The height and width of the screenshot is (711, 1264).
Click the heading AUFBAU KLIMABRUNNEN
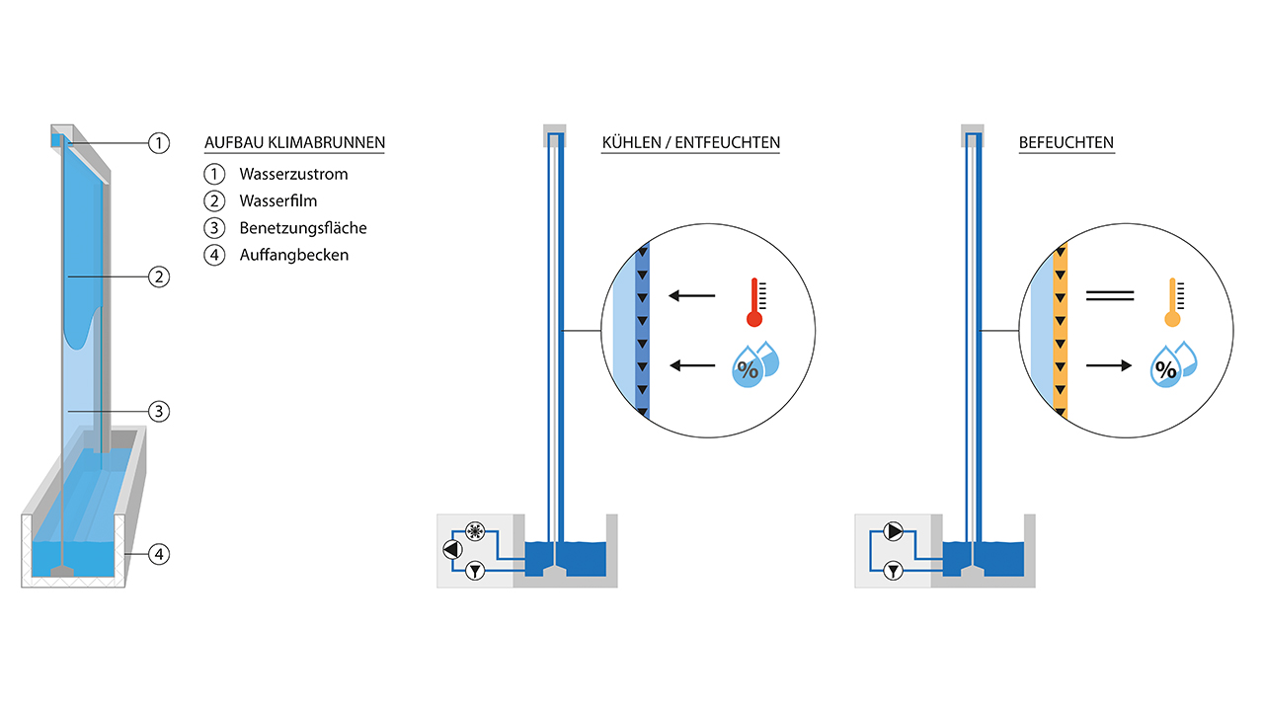click(294, 142)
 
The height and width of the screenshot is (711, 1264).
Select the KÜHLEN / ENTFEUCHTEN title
click(691, 142)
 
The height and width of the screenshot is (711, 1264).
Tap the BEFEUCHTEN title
click(1066, 142)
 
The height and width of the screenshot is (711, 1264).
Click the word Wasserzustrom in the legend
click(293, 174)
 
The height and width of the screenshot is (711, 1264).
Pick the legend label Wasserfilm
click(278, 200)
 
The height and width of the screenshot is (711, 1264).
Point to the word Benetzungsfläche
click(303, 227)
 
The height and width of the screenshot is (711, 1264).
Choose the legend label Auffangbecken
click(294, 254)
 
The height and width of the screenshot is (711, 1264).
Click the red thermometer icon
click(755, 301)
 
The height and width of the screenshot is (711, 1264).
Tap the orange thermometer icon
click(1172, 301)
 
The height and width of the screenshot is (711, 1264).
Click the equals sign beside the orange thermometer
click(1108, 294)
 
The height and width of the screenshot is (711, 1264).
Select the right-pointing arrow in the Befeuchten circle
click(1108, 366)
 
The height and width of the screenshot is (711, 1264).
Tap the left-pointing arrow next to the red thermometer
click(691, 294)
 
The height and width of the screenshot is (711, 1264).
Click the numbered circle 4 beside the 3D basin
click(159, 554)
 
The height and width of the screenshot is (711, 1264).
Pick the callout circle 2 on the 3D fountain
click(159, 277)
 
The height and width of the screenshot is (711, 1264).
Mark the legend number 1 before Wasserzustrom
click(214, 174)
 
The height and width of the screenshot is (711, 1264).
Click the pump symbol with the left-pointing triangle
click(452, 550)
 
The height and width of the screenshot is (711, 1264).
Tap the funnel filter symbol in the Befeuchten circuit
click(895, 570)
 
